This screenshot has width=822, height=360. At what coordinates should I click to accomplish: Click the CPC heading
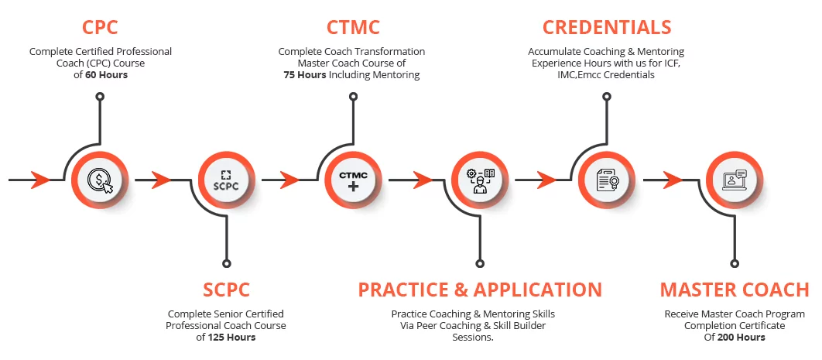coord(101,27)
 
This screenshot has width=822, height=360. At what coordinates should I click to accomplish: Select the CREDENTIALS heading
coord(606,27)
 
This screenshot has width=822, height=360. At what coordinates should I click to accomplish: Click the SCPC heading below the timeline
coord(226,290)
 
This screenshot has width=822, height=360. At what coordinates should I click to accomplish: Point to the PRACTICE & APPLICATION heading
coord(480,290)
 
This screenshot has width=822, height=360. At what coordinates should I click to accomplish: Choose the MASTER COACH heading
coord(734,290)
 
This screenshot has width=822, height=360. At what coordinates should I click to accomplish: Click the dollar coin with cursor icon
coord(101,180)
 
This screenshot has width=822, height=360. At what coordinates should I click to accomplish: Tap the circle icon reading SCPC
coord(227,180)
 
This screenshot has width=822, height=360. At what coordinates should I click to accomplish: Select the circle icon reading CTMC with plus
coord(354,180)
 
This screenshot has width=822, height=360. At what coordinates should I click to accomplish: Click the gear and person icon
coord(481,180)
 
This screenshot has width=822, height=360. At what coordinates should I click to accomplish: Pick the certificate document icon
coord(608,180)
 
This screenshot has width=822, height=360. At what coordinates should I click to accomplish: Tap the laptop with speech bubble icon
coord(734,180)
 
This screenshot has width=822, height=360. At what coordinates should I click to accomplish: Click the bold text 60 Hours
coord(106,75)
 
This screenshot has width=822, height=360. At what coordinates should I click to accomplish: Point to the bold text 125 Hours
coord(232,338)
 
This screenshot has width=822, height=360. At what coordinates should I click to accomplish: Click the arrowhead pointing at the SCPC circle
coord(162,180)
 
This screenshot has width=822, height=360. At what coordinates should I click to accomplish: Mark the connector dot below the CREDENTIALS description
coord(607,97)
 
